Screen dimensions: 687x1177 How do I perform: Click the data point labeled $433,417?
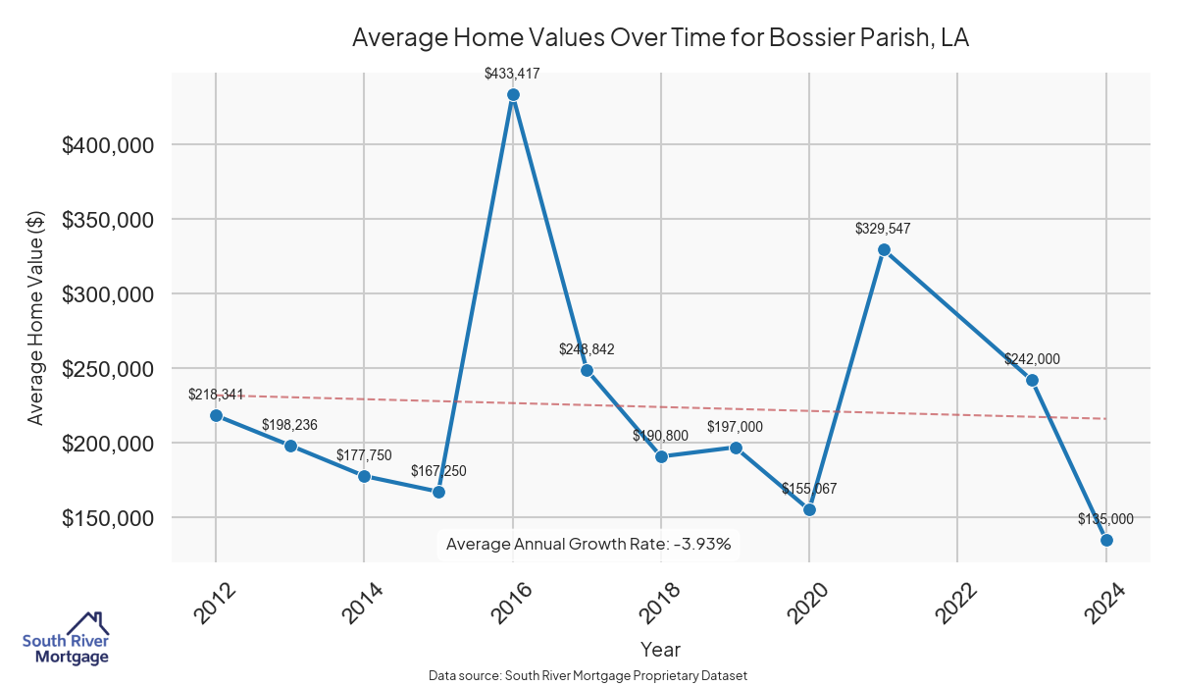coord(513,95)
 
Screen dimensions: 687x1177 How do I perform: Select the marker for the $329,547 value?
coord(884,249)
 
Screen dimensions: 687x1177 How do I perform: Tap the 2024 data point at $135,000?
coord(1106,540)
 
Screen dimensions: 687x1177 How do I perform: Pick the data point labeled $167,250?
coord(438,492)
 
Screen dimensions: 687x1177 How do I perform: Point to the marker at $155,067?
coord(809,509)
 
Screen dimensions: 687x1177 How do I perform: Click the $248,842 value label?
coord(587,349)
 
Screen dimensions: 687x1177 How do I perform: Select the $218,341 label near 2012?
coord(216,395)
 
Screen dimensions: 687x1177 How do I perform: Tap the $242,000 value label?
coord(1032,360)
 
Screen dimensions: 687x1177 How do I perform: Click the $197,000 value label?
coord(735,427)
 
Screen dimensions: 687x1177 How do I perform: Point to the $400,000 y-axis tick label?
coord(108,145)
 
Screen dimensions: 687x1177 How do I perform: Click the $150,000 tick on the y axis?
coord(108,518)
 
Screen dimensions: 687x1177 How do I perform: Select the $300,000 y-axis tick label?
coord(108,294)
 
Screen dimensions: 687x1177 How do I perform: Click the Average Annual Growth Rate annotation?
coord(588,544)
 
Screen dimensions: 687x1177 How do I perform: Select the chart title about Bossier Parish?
coord(660,38)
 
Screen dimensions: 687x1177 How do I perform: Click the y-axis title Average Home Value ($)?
coord(36,318)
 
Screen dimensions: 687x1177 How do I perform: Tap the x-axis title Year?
coord(660,649)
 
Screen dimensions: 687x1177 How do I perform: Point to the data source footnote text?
coord(588,676)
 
